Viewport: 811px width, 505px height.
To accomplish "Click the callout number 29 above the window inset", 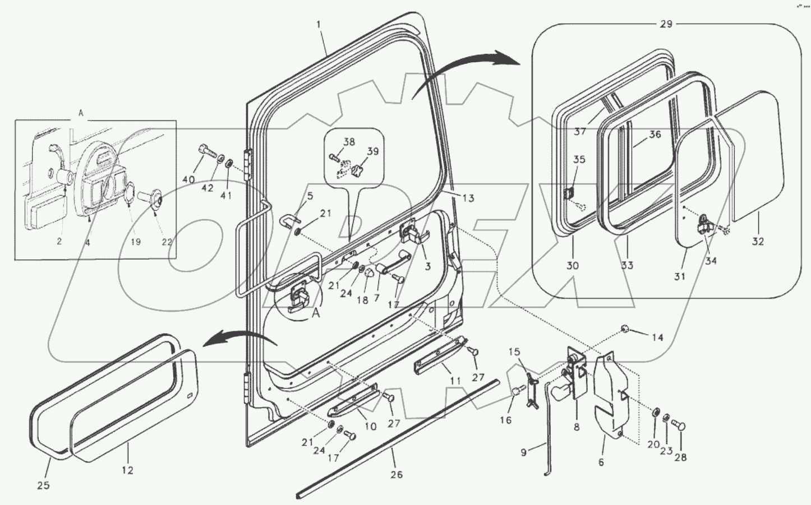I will pos(666,24).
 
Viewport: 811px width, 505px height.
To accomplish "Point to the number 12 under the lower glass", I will pos(127,470).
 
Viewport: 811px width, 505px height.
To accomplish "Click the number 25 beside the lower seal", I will pos(43,485).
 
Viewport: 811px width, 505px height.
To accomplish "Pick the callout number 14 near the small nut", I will pos(657,337).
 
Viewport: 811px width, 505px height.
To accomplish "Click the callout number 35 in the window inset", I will pos(579,160).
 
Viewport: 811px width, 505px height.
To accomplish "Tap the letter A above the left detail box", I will pos(81,113).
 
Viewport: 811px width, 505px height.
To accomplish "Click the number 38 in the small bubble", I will pos(349,142).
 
